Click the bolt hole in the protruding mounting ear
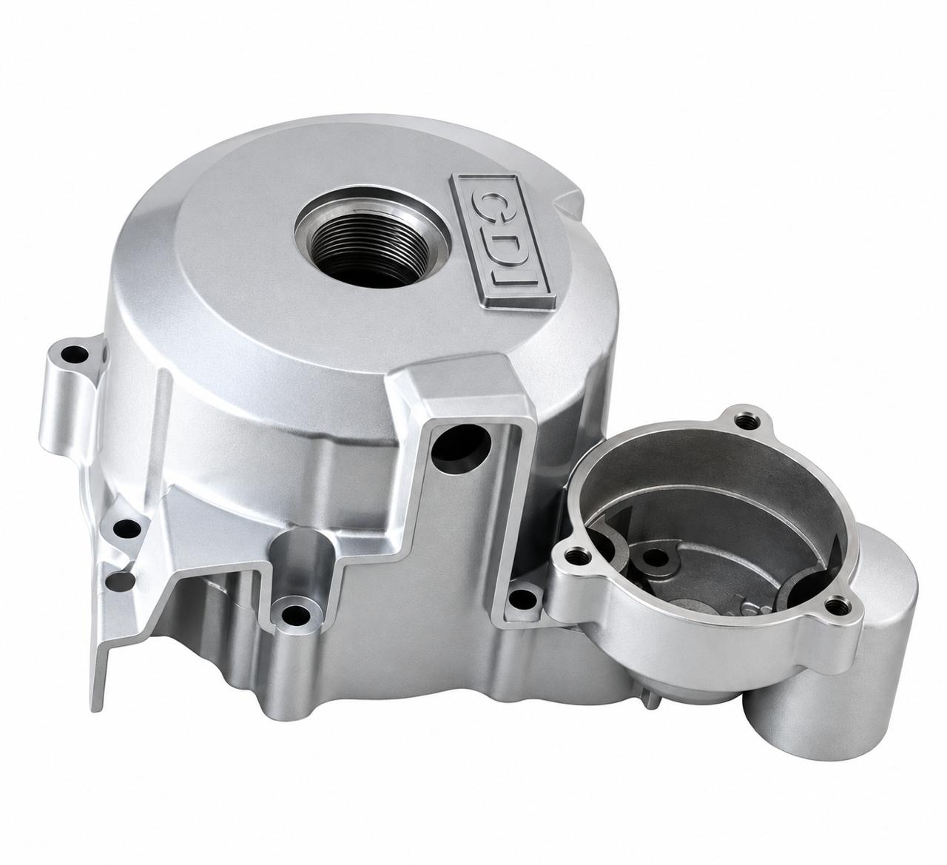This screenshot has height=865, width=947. pyautogui.click(x=75, y=354)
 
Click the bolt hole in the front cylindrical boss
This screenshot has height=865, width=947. pyautogui.click(x=296, y=615)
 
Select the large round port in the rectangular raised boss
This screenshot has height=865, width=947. pyautogui.click(x=461, y=447)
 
